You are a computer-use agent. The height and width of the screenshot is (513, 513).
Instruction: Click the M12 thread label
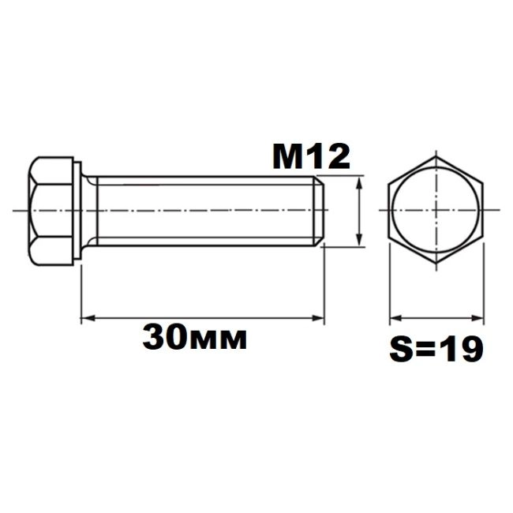point(311,157)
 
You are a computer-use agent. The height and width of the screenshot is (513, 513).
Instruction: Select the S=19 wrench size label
point(436,349)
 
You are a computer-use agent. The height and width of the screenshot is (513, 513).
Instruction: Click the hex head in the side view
point(51,211)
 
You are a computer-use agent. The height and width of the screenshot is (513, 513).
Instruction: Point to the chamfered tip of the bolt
point(319,211)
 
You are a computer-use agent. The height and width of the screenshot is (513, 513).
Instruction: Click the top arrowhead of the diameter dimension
point(359,182)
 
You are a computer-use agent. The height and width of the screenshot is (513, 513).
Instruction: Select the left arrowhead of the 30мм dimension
point(88,317)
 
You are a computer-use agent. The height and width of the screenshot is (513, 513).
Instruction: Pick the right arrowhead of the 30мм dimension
point(318,317)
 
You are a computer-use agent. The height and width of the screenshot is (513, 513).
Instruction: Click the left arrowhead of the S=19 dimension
point(396,318)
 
